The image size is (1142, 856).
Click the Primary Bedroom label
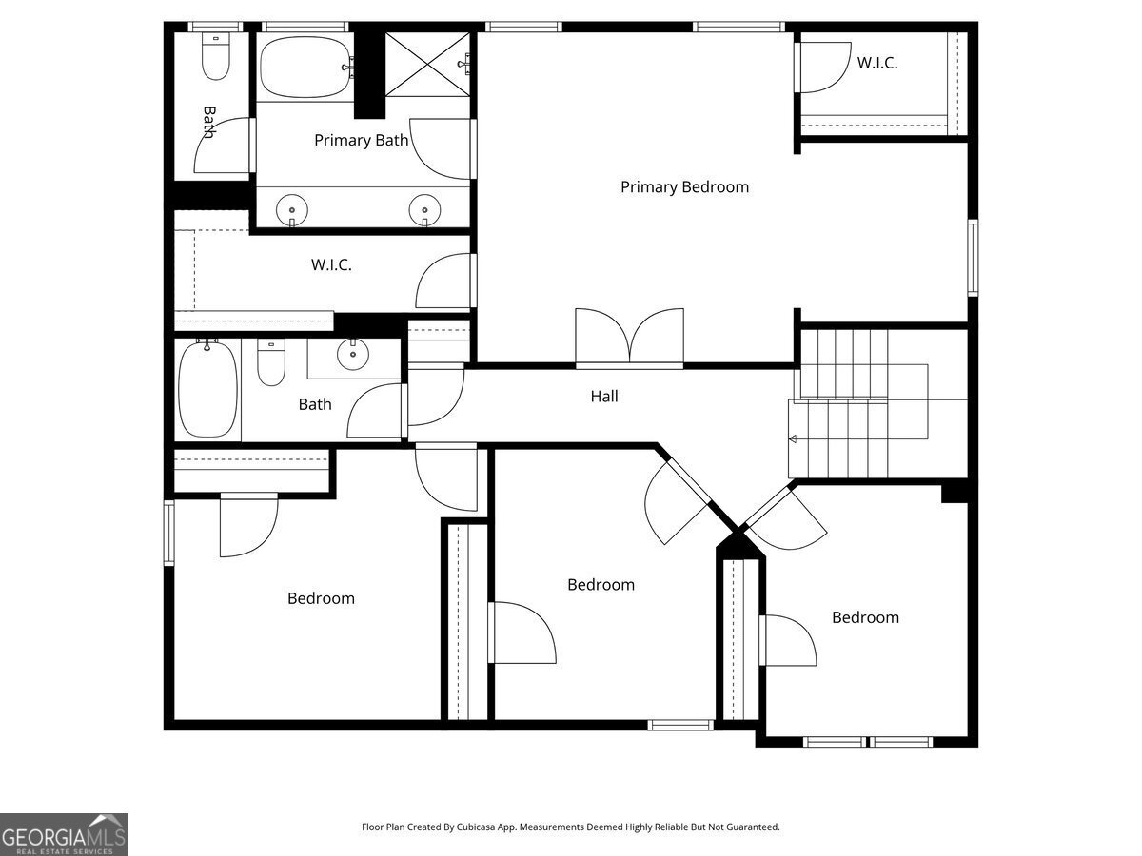pos(684,187)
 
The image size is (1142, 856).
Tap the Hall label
pos(604,397)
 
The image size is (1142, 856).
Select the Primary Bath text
pos(361,141)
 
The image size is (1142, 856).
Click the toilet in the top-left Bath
pos(216,57)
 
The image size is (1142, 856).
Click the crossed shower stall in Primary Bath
pos(427,65)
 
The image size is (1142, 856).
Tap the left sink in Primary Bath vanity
pos(292,210)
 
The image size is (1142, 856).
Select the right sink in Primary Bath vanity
pos(425,210)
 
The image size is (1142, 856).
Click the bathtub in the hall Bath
pos(208,389)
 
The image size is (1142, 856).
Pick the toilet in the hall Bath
pos(271,362)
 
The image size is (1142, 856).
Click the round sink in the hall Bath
pos(353,355)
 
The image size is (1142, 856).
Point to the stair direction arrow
pos(793,439)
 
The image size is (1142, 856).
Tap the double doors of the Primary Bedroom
pos(630,337)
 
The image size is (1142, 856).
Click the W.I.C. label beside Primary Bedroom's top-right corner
pos(877,63)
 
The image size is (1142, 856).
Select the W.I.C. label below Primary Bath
pos(331,265)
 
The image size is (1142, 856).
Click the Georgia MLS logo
pos(64,834)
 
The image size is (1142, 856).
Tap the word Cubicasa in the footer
pos(476,827)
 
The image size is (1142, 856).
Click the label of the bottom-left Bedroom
pos(321,598)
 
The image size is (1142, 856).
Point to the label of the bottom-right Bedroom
pos(865,617)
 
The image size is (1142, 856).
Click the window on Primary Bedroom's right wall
pos(973,258)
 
